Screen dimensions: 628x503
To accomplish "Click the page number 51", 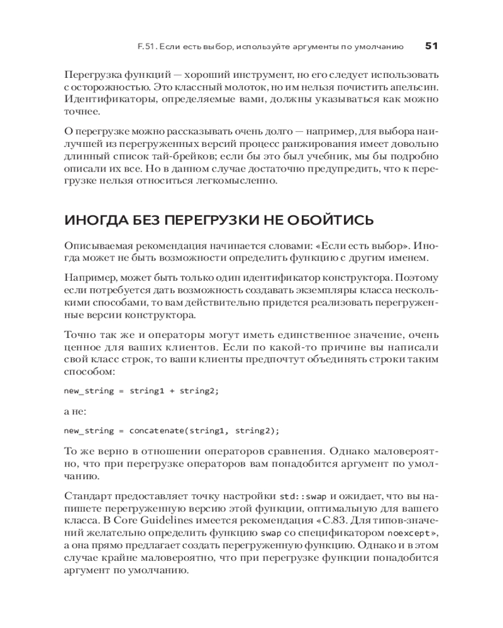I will click(431, 46).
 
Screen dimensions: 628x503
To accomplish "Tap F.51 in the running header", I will click(146, 46).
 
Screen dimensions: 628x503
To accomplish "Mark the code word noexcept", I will click(407, 533).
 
